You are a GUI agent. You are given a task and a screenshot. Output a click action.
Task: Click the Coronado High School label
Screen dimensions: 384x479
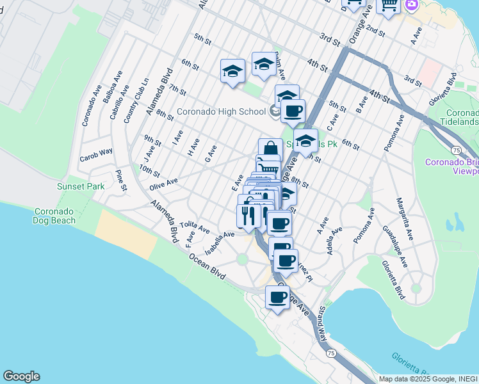coord(221,111)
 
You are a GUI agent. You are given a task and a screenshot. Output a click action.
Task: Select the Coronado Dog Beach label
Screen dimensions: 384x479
coord(54,216)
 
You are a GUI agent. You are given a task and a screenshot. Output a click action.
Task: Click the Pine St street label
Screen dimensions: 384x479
coord(120,180)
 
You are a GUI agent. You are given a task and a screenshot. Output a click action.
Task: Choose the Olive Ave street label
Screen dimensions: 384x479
coord(163,184)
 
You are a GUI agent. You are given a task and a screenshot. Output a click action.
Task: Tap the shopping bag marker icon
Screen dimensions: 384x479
coord(270,148)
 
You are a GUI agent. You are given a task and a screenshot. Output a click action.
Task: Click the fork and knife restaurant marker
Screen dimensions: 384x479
coord(248,215)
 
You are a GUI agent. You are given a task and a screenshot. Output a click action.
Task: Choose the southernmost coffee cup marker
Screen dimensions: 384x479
coord(278,298)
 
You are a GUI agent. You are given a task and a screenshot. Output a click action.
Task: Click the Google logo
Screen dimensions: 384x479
coord(21,376)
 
